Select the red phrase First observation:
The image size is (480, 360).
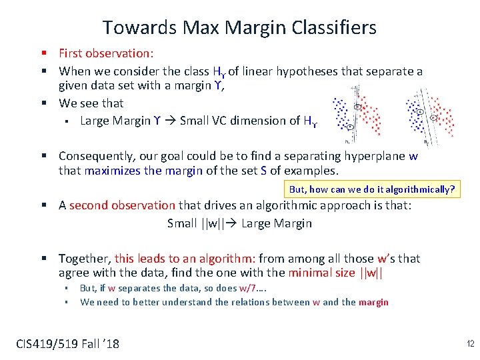(106, 53)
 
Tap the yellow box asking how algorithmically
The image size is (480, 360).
(371, 189)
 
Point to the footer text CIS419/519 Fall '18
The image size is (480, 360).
(67, 344)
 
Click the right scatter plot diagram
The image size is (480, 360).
(429, 114)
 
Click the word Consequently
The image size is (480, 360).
(97, 156)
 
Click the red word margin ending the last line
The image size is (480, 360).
(373, 302)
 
